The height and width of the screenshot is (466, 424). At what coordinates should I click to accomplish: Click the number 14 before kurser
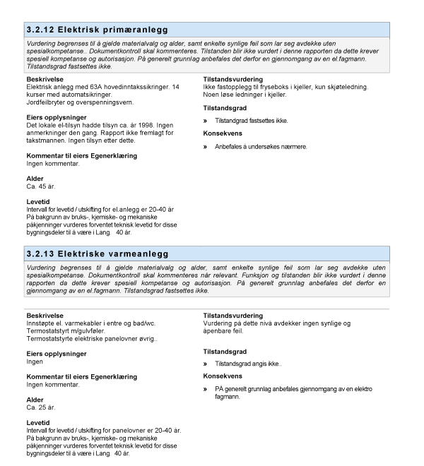(x=175, y=85)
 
